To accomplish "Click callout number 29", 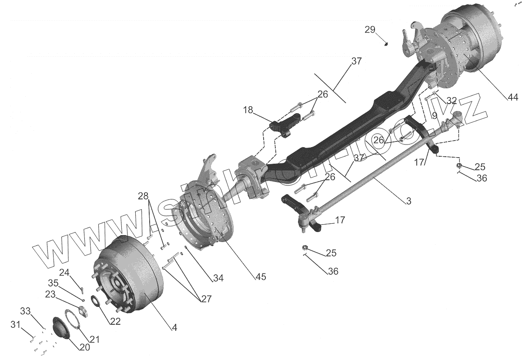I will pos(369,30).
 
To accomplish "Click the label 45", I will pos(261,276).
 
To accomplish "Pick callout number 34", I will pos(218,278).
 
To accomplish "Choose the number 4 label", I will pos(174,328).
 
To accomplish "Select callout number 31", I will pos(16,324).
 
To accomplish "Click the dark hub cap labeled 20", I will pos(61,327).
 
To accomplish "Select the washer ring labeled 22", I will pos(96,301).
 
